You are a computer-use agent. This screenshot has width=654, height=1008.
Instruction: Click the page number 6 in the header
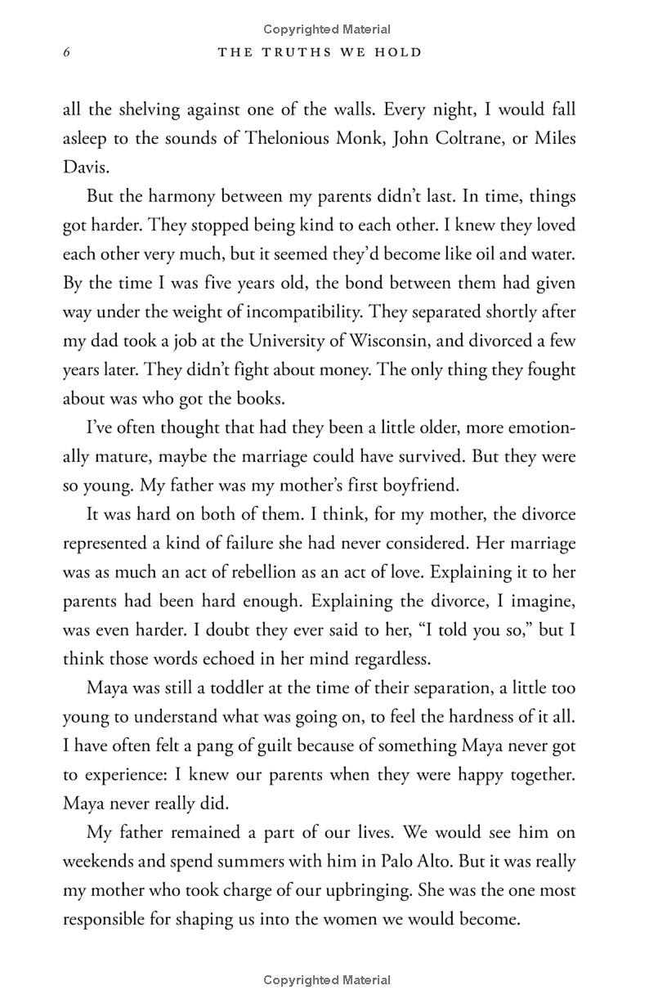pyautogui.click(x=67, y=53)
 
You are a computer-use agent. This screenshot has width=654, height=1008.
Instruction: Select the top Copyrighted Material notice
pyautogui.click(x=327, y=29)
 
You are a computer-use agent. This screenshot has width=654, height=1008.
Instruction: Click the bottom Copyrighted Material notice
pyautogui.click(x=327, y=979)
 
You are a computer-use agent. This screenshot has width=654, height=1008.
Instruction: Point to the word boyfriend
pyautogui.click(x=417, y=485)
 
